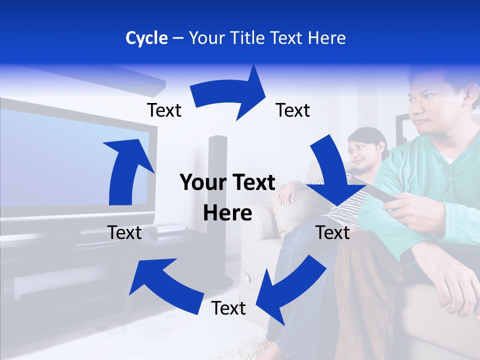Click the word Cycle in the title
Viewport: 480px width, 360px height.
tap(146, 38)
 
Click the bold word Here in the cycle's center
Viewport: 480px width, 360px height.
tap(227, 213)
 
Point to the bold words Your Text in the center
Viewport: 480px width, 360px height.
tap(227, 183)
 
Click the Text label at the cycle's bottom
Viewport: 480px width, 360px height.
tap(228, 308)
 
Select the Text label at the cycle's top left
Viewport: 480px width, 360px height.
tap(164, 110)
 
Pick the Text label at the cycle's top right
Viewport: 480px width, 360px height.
tap(293, 110)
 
